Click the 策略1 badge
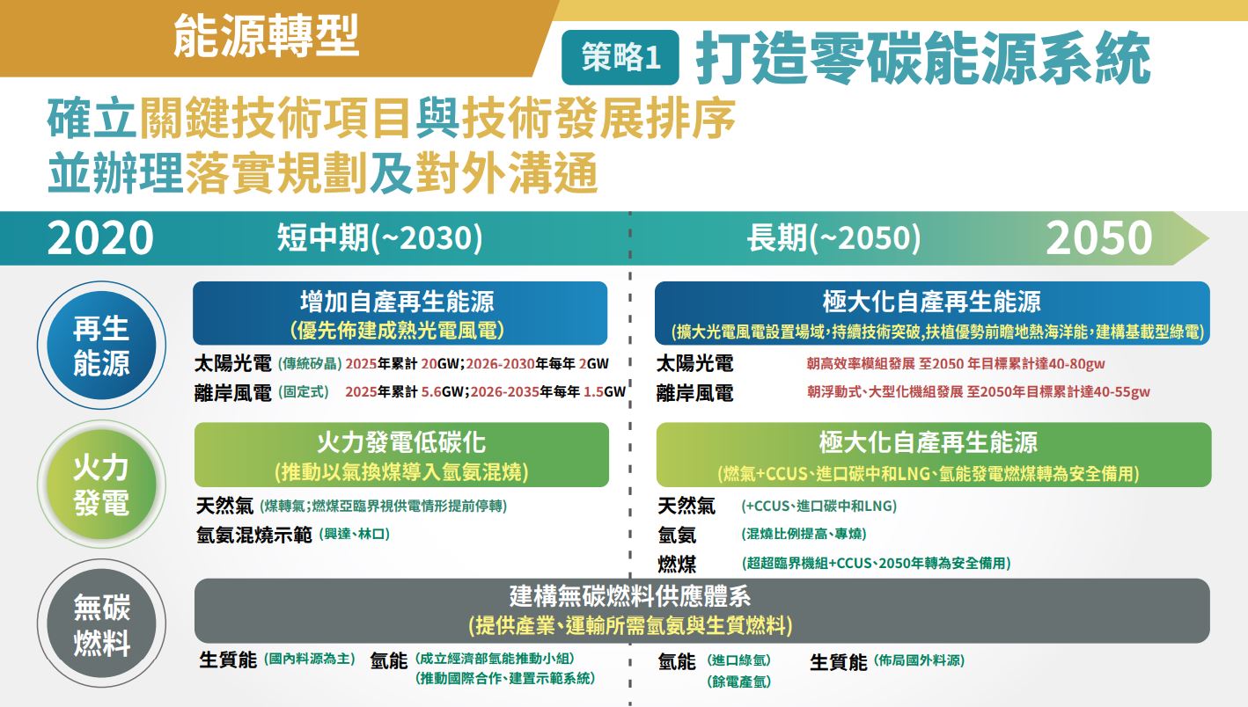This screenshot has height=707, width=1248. pyautogui.click(x=620, y=57)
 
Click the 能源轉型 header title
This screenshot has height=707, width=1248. pyautogui.click(x=267, y=36)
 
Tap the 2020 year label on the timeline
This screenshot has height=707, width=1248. pyautogui.click(x=100, y=237)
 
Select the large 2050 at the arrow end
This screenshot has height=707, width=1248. pyautogui.click(x=1099, y=237)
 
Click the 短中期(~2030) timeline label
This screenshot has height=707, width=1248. pyautogui.click(x=380, y=237)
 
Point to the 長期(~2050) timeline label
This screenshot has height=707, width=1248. pyautogui.click(x=833, y=237)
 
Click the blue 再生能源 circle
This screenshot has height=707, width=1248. pyautogui.click(x=101, y=346)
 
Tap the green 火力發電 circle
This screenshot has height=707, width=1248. pyautogui.click(x=101, y=484)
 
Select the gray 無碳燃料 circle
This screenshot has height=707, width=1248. pyautogui.click(x=101, y=623)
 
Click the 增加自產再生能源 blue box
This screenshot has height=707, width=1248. pyautogui.click(x=400, y=313)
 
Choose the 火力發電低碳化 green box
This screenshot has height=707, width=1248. pyautogui.click(x=401, y=455)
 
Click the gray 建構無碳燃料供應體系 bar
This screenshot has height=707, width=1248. pyautogui.click(x=702, y=610)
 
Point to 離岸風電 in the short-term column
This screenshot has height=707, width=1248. pyautogui.click(x=233, y=392)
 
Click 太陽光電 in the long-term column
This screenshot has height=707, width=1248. pyautogui.click(x=694, y=363)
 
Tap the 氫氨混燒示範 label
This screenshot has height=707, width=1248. pyautogui.click(x=254, y=535)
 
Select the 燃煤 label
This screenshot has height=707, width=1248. pyautogui.click(x=677, y=564)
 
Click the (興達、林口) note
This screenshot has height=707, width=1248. pyautogui.click(x=355, y=535)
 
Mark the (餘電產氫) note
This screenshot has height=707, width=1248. pyautogui.click(x=738, y=681)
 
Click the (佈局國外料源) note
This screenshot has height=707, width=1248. pyautogui.click(x=919, y=660)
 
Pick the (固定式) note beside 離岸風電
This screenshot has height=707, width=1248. pyautogui.click(x=304, y=392)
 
